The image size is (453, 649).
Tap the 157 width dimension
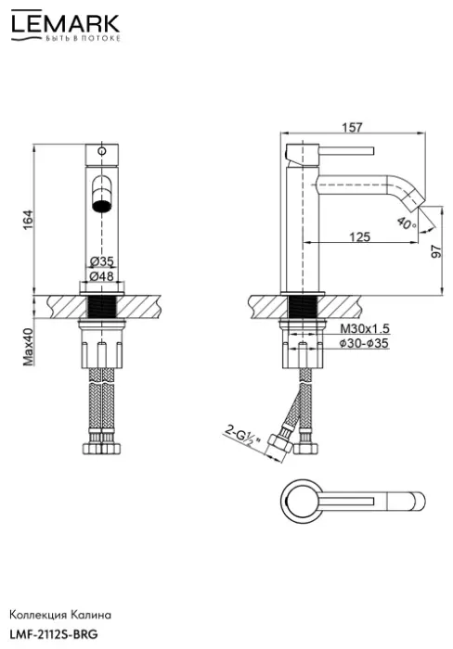(353, 127)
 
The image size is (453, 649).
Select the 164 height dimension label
(27, 220)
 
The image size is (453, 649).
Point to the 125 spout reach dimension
(360, 236)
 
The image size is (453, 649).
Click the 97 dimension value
(437, 251)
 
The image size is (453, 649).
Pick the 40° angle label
(407, 223)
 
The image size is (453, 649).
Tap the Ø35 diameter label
(101, 261)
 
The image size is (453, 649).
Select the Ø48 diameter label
(101, 275)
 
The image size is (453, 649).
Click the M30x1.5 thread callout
(365, 328)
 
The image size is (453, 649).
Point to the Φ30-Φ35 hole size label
(364, 343)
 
